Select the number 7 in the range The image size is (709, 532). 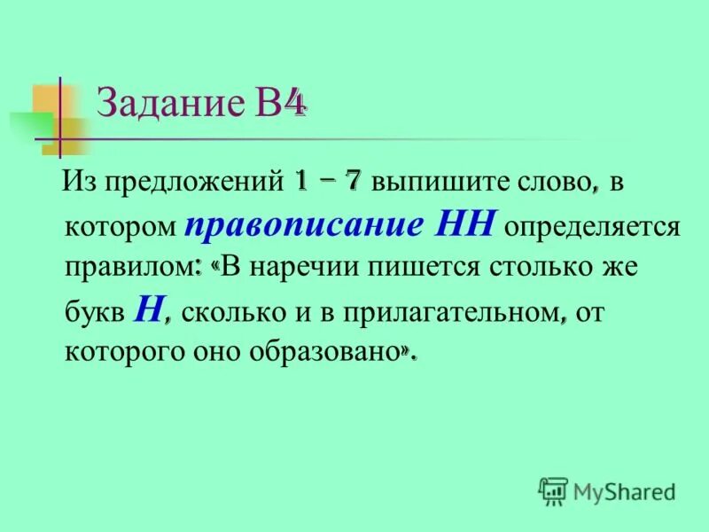(x=353, y=181)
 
